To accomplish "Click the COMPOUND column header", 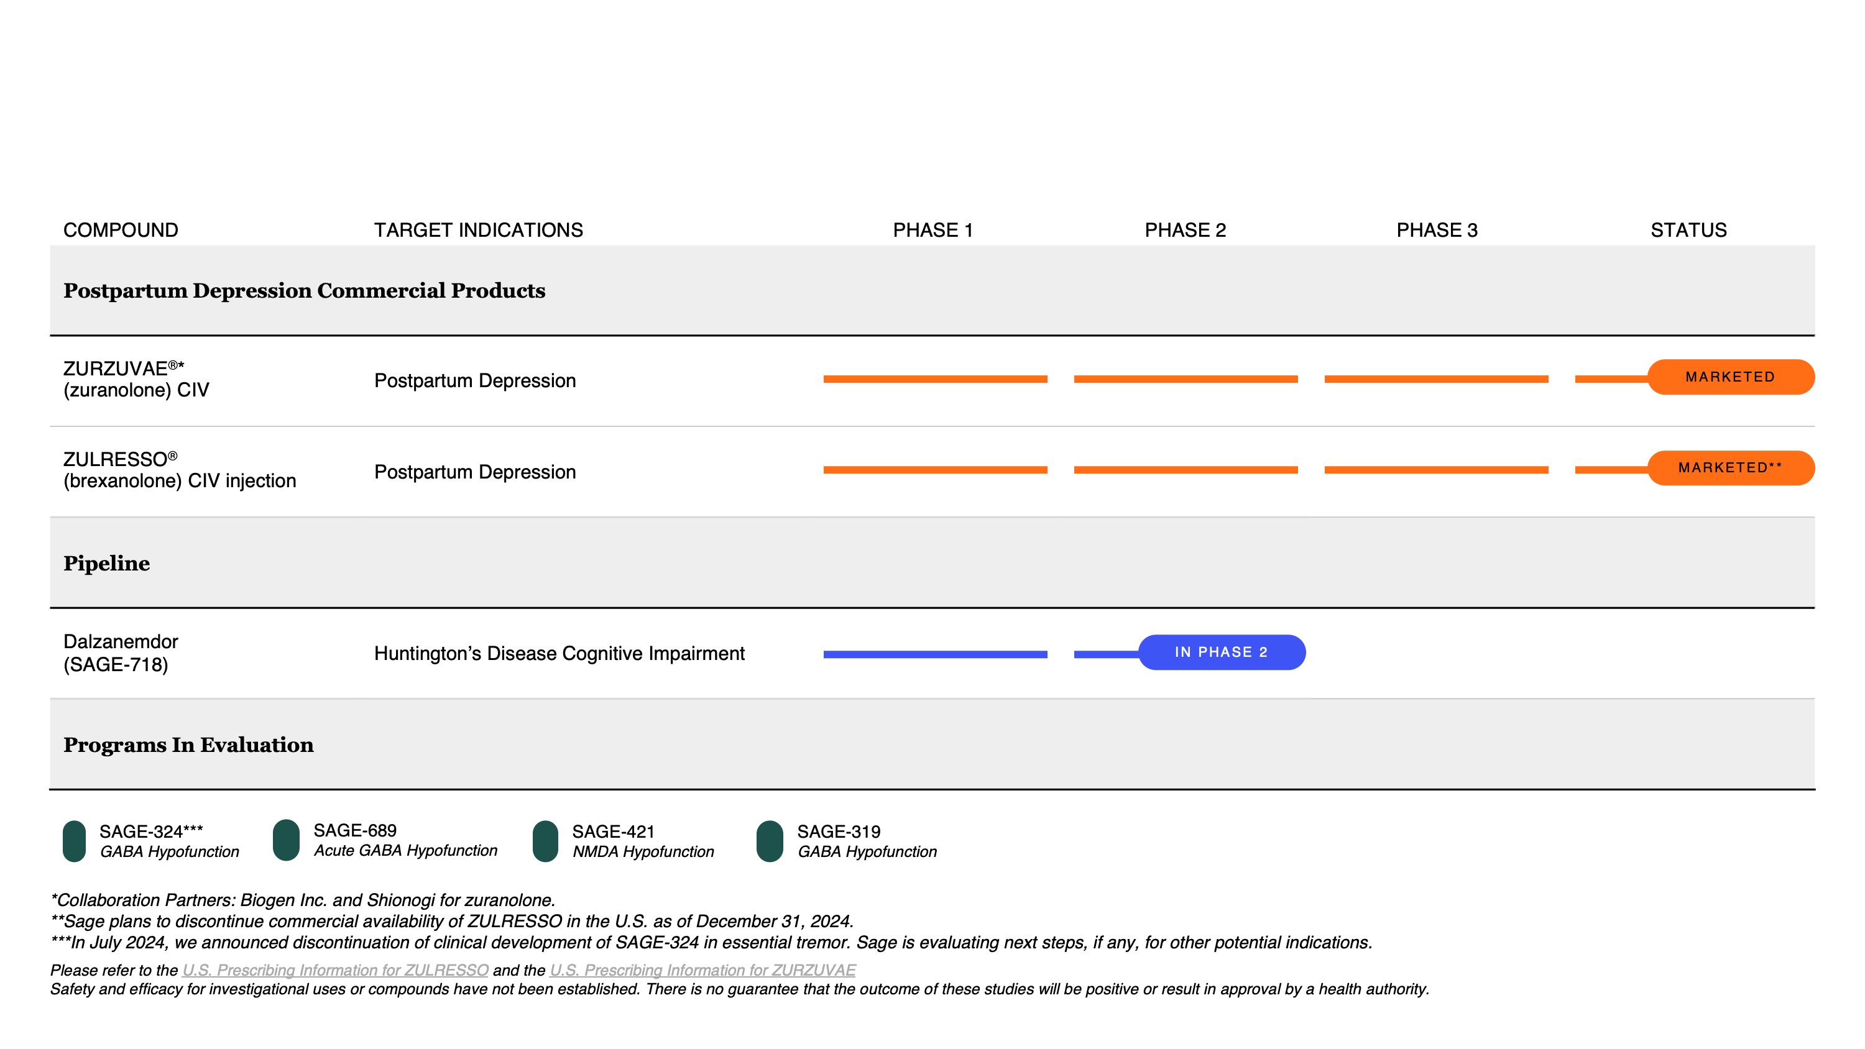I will click(120, 230).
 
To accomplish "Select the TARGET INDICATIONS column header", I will click(478, 230).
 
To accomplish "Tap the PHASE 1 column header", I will click(932, 230).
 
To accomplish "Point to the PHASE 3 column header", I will click(1437, 230).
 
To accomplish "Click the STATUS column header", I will click(1688, 230).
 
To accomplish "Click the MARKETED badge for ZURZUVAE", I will click(1730, 377).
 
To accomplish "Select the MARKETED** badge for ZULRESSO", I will click(1730, 468).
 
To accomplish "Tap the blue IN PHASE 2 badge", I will click(1222, 653).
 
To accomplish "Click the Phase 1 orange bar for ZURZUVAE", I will click(934, 378).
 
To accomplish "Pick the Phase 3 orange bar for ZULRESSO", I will click(1435, 470).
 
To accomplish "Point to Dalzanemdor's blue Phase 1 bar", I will click(934, 654).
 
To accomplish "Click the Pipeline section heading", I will click(106, 563).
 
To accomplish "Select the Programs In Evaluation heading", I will click(188, 745).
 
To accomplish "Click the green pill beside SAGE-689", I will click(286, 840).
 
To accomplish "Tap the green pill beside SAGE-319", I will click(769, 841).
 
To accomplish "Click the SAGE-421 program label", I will click(613, 832).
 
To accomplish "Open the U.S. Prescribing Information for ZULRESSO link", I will click(335, 970).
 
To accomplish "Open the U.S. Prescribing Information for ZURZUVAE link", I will click(702, 970).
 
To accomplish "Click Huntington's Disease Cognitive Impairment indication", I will click(559, 654).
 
